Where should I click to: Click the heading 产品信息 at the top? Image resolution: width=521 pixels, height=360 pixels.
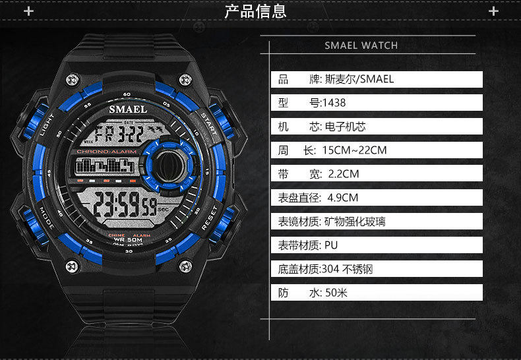point(256,11)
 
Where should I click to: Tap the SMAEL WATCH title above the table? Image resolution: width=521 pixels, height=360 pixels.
point(361,45)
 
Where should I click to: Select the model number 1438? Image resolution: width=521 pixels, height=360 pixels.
point(333,103)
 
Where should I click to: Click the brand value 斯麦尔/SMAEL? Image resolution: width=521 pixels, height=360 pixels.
point(359,80)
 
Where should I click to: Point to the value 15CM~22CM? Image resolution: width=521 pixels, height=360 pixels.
point(354,150)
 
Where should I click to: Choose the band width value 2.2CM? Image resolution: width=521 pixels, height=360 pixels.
point(343,174)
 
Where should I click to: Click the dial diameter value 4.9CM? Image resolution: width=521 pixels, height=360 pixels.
point(344,197)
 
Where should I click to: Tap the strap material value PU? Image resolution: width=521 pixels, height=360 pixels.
point(331,245)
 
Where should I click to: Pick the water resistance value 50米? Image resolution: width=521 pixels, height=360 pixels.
point(336,292)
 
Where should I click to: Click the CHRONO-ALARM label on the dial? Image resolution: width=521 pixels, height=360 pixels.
point(106,152)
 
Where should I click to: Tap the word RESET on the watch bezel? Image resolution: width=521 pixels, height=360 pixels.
point(210,219)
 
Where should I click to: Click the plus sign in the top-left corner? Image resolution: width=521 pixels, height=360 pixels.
point(28,11)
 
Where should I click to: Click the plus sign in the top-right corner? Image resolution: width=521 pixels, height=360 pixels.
point(493,11)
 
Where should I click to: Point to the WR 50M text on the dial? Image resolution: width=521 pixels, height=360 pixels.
point(127,240)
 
